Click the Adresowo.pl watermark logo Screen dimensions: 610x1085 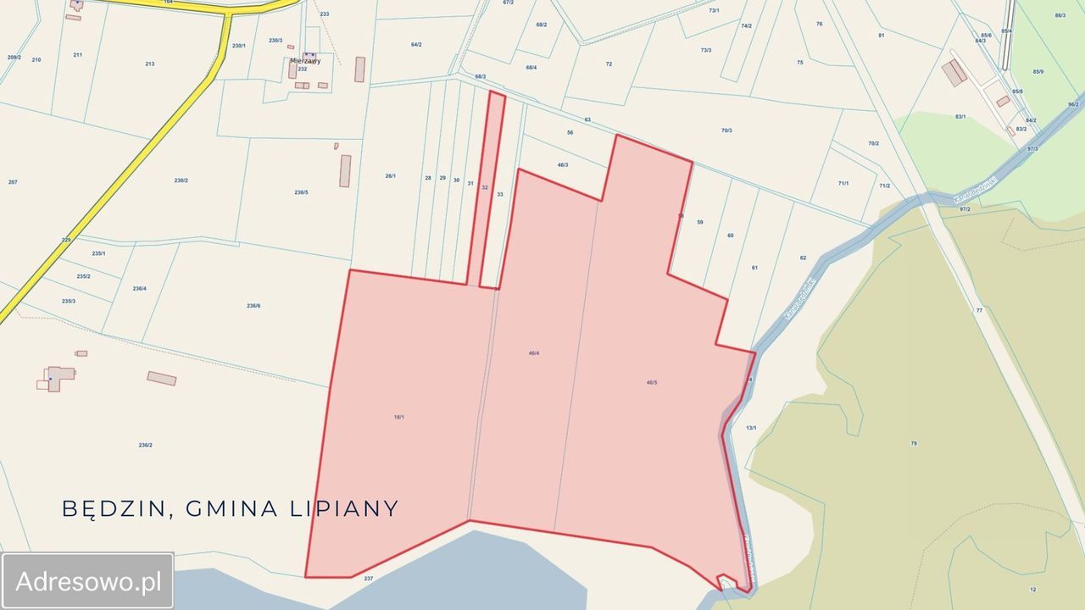(88, 581)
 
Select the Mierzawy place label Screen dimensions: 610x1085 (304, 60)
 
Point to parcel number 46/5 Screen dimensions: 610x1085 (651, 383)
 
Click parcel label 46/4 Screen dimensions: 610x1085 (533, 352)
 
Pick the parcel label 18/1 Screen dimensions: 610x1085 (398, 417)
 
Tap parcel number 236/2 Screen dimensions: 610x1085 (145, 445)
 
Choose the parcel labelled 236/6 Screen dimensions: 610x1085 (253, 306)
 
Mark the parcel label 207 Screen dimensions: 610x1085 (13, 182)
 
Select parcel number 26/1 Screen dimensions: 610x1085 (390, 176)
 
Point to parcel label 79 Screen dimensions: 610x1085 (913, 443)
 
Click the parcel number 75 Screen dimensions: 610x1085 (799, 63)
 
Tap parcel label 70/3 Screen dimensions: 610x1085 (726, 130)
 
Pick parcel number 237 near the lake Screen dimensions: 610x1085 (368, 579)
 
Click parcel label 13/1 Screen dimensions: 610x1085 (750, 428)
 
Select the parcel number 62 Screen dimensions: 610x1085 (803, 258)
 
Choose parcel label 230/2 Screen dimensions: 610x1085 (181, 180)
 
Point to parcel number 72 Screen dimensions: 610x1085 (609, 64)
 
